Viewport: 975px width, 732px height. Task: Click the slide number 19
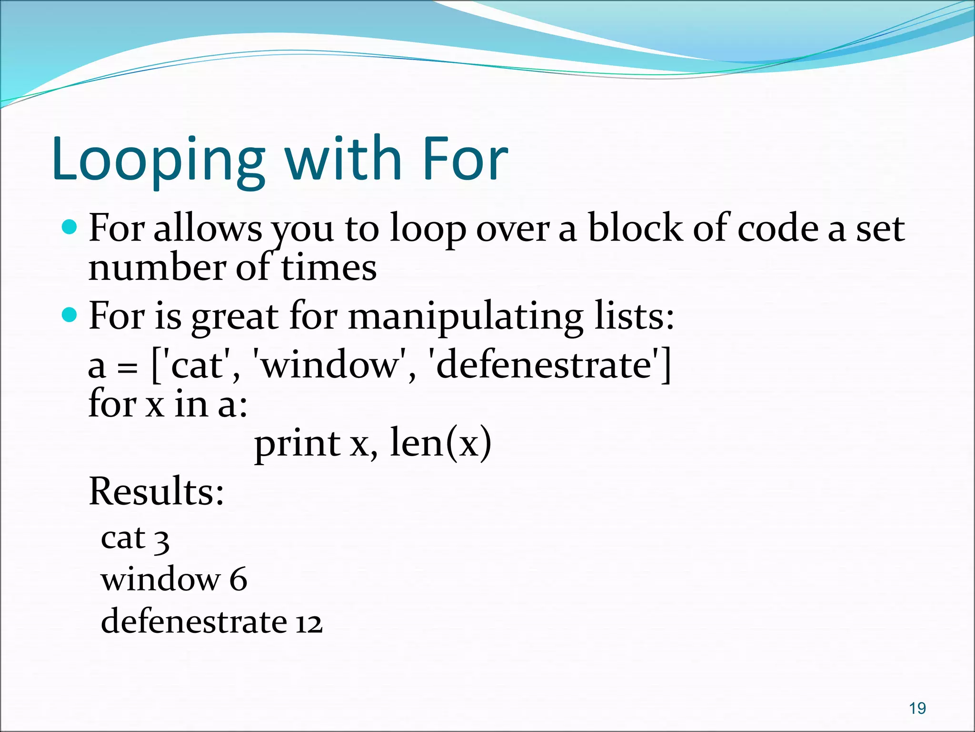[x=917, y=708]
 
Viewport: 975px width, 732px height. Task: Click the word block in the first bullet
[x=635, y=228]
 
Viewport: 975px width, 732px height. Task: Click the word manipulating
[x=466, y=317]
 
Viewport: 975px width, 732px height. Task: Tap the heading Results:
[x=156, y=491]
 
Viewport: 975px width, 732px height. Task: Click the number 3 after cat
[x=161, y=541]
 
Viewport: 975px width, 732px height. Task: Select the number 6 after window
[x=238, y=580]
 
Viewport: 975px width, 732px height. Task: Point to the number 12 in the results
[x=308, y=623]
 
